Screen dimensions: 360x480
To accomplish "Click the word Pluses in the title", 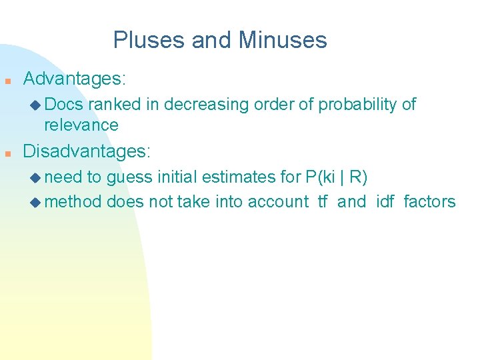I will [149, 41].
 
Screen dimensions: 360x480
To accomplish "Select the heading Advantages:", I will [74, 79].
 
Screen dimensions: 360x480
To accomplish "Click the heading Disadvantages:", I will [87, 151].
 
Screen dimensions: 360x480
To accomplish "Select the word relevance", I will [81, 125].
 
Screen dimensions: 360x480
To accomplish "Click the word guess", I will [130, 177].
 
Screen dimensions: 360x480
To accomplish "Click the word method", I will [73, 201].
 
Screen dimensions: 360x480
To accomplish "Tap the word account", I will [278, 201].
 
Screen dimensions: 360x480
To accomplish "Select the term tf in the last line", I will [323, 201].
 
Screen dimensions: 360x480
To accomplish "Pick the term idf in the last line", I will [385, 201].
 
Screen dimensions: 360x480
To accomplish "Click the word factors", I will [430, 201].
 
